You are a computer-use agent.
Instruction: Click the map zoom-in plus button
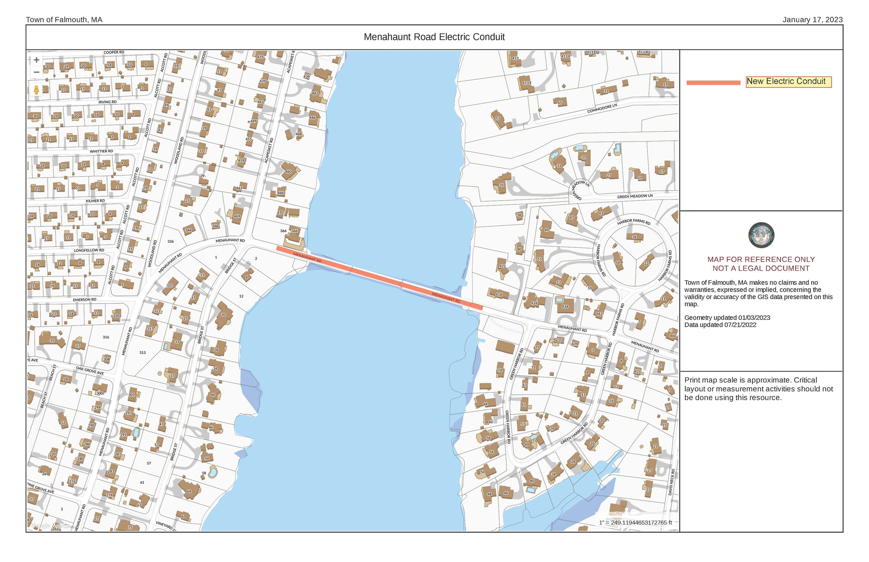36,60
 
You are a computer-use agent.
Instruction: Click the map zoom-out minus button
36,72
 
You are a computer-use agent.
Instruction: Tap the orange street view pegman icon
36,90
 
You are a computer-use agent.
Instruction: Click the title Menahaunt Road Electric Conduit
434,37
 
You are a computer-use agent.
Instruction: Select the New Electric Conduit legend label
788,82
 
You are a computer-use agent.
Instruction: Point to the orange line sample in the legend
713,83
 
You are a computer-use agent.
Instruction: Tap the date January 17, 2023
813,20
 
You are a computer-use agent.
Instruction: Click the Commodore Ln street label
602,108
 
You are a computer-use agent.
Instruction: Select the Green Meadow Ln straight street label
635,196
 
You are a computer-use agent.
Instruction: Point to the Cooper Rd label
114,52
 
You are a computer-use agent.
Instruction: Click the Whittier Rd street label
102,151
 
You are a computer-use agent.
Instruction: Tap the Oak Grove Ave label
90,371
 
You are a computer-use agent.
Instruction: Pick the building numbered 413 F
526,83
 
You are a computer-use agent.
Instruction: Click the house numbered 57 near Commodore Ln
498,118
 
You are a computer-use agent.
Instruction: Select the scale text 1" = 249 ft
635,523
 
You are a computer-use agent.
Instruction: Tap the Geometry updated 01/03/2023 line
727,317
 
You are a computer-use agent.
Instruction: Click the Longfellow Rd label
89,250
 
